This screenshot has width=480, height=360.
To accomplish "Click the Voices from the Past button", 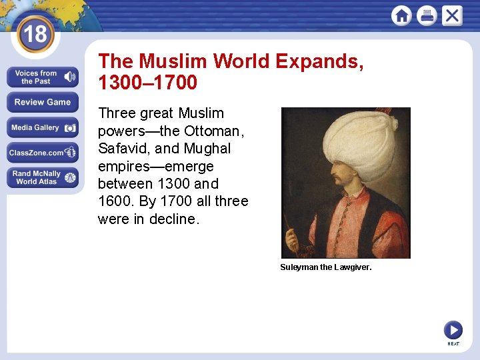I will point(36,77).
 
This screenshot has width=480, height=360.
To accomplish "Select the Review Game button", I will point(43,102).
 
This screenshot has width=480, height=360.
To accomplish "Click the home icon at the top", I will point(401,15).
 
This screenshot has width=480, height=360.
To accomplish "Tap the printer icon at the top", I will point(427,15).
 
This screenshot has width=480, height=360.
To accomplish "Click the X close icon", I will point(451,15).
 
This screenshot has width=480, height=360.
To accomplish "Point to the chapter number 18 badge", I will point(35,33).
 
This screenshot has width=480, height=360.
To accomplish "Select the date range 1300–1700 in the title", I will point(147,83).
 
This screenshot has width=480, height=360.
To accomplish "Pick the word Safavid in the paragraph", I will point(123,148).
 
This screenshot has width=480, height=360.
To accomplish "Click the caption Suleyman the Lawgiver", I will point(325,267).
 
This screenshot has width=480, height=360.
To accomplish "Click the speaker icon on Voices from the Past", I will point(68,77).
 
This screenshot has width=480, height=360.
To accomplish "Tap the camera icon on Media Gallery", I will point(69,127).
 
